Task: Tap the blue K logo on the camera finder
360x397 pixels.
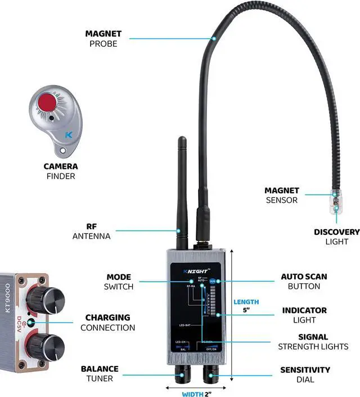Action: tap(68, 135)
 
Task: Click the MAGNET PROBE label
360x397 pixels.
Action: tap(104, 38)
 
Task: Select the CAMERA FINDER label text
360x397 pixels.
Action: tap(61, 171)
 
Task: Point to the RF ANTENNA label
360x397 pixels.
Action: tap(92, 231)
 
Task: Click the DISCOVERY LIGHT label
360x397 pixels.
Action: tap(337, 237)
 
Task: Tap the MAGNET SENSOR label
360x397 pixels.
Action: tap(282, 195)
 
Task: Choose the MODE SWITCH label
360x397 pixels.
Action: tap(119, 282)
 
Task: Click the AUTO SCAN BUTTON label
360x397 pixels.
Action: tap(304, 282)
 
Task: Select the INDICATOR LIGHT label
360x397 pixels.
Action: tap(304, 315)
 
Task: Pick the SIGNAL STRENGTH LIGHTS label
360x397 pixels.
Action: tap(313, 342)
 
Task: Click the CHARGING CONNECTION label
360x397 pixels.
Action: tap(107, 322)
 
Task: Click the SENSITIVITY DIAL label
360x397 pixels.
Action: tap(305, 374)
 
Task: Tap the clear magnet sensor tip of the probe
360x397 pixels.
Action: tap(336, 199)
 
